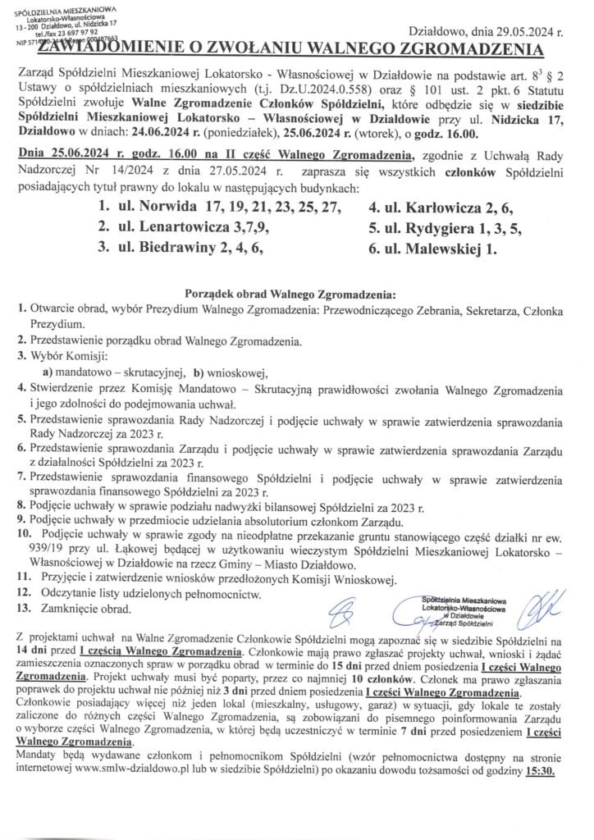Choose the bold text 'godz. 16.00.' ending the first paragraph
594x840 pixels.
pyautogui.click(x=457, y=131)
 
